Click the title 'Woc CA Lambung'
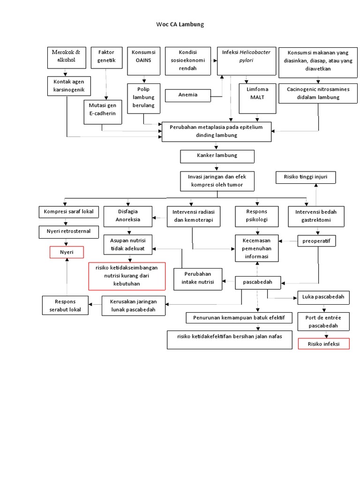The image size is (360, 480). pos(180,24)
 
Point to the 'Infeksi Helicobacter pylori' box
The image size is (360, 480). pos(246,60)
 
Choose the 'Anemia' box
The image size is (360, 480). pos(188,95)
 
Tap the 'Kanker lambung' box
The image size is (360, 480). pos(217,156)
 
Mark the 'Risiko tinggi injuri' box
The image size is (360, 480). pos(306,178)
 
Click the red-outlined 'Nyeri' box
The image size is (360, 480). pos(67,252)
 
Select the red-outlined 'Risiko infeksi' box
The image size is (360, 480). pos(323,344)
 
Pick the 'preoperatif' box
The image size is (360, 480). pos(317,241)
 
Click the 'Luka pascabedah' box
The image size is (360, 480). pos(323,297)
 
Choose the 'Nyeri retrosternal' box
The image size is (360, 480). pos(68,231)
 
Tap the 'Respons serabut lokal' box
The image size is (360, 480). pos(65,305)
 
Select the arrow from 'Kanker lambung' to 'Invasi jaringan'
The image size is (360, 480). pos(216,167)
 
